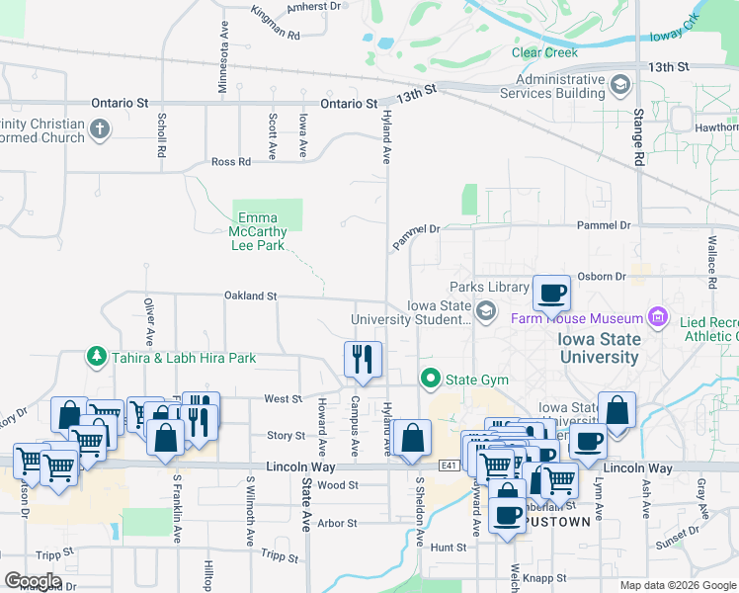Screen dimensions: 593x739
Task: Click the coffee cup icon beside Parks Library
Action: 552,293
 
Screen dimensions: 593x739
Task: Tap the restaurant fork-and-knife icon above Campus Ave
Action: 363,358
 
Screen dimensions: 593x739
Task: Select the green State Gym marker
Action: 430,378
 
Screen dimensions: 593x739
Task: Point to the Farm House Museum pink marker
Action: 658,318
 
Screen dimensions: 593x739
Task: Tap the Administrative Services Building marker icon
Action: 620,86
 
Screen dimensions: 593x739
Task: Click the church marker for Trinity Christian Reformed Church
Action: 99,129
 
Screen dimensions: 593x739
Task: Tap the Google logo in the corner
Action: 33,581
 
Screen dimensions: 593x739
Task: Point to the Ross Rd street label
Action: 230,162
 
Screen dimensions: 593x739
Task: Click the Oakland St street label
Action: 250,296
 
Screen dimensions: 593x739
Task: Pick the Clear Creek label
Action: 543,52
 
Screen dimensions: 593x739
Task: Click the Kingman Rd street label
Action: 275,24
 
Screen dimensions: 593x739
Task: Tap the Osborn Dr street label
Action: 608,277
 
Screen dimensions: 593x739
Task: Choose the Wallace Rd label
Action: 710,261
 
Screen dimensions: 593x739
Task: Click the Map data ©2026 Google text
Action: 677,585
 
